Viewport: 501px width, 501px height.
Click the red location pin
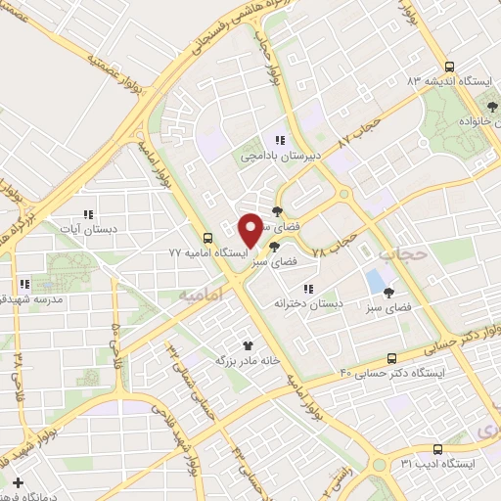(250, 229)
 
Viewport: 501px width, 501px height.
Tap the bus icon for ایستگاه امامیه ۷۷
(207, 238)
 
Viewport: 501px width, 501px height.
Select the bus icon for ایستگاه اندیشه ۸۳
(449, 67)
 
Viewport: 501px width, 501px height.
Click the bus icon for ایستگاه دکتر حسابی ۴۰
(391, 358)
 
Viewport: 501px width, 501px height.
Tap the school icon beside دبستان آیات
(87, 214)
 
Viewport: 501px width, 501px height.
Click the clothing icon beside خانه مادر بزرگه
(248, 344)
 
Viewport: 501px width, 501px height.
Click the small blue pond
(375, 281)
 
